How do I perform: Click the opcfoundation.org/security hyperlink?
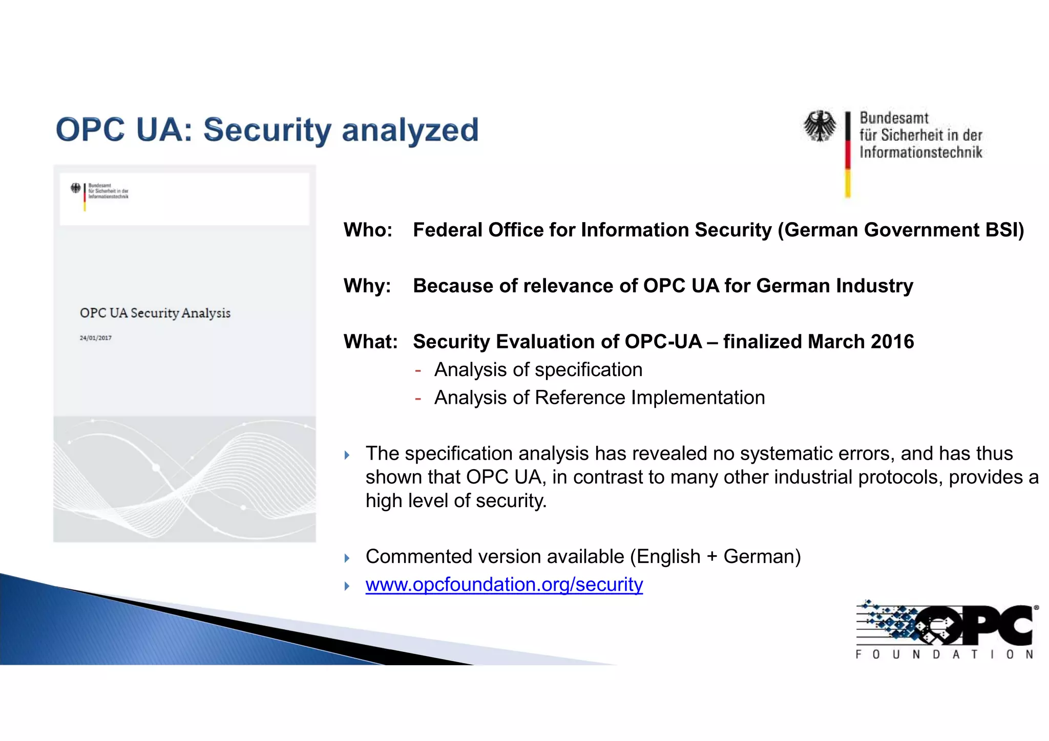pos(504,584)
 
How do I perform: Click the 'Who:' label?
pos(368,230)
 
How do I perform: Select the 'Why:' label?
pos(367,286)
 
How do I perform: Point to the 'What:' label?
pos(370,341)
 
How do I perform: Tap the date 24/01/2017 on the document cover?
pos(95,338)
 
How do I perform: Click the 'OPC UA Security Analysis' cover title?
pos(155,313)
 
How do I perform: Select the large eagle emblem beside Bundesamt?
pos(820,126)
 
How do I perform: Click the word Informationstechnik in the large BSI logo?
pos(920,152)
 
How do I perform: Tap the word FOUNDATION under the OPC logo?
pos(944,655)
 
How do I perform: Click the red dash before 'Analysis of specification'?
pos(418,370)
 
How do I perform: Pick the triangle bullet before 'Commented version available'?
pos(347,558)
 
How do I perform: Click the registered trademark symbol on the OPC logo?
pos(1036,608)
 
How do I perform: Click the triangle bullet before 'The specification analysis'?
pos(347,455)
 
